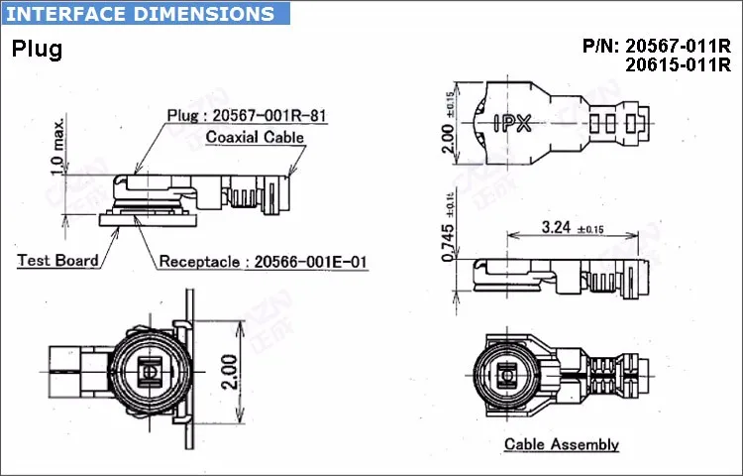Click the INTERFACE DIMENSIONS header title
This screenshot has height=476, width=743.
coord(142,14)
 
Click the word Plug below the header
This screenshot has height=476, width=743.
coord(37,50)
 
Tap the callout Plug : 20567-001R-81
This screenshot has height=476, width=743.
coord(246,115)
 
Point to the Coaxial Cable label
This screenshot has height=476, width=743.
coord(255,137)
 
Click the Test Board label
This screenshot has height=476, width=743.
coord(57,261)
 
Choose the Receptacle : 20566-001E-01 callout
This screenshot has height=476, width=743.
coord(263,262)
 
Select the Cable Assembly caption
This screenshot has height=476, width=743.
coord(562,444)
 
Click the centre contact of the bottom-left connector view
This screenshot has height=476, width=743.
coord(150,372)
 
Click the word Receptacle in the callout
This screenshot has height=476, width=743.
coord(197,262)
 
